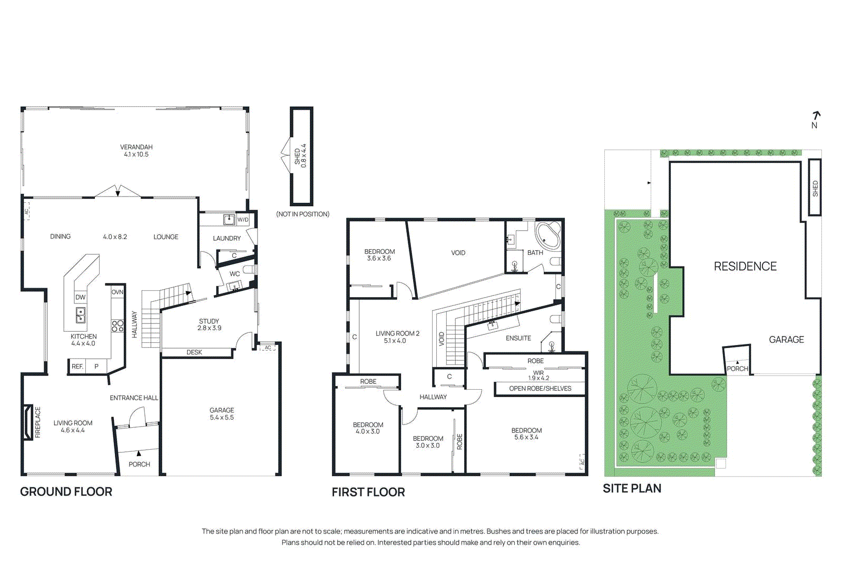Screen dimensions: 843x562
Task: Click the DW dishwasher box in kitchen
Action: coord(80,297)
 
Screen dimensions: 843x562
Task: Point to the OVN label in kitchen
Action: coord(117,292)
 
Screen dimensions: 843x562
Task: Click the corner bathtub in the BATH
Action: coord(548,235)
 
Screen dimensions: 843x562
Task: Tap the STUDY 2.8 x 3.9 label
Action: coord(209,324)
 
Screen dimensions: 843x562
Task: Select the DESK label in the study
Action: coord(194,352)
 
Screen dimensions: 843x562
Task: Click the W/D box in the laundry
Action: coord(243,220)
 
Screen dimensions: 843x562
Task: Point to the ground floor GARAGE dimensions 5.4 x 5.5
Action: coord(222,418)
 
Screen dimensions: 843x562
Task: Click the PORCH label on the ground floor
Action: coord(139,464)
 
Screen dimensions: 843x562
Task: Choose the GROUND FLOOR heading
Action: coord(66,491)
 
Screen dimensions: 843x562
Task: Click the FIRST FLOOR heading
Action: coord(368,492)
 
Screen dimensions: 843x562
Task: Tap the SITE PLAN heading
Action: coord(632,488)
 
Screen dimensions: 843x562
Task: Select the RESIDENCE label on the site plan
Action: coord(745,267)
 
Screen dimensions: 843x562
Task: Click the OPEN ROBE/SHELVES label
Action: coord(540,389)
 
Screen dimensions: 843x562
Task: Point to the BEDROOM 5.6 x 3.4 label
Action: coord(526,433)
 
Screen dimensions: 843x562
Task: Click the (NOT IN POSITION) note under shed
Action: coord(302,214)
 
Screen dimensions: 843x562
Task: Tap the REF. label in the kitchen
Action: coord(77,366)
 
